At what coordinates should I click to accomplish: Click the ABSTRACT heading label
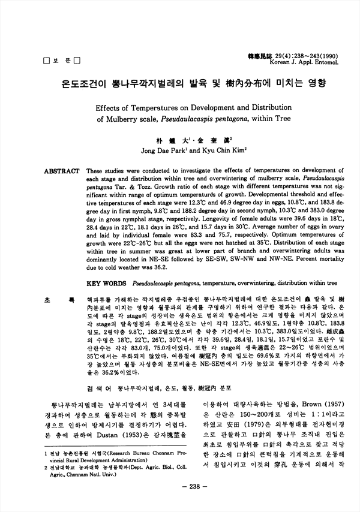[x=62, y=171]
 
